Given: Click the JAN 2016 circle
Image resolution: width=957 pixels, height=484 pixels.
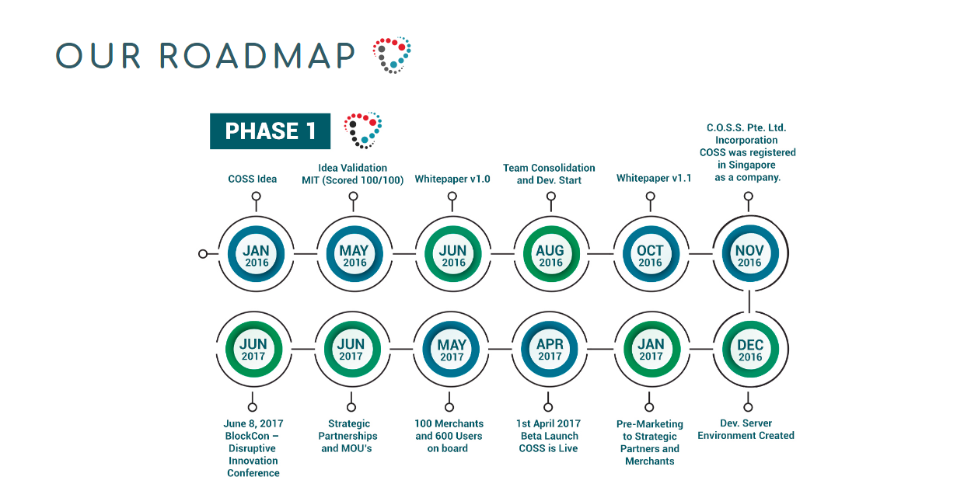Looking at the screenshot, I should (256, 254).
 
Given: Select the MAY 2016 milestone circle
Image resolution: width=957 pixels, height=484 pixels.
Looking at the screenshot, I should (354, 254).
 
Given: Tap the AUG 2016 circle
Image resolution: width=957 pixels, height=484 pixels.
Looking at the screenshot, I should (550, 254).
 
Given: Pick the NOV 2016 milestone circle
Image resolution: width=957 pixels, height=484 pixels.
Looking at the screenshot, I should (749, 254).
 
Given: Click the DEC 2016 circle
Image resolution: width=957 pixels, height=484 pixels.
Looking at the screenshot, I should (749, 349).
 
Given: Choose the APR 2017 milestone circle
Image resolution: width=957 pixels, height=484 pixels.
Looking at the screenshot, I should (549, 349).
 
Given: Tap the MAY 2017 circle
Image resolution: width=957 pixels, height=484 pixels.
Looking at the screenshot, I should (451, 349).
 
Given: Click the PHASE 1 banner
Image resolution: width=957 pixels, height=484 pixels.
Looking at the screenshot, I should (270, 131).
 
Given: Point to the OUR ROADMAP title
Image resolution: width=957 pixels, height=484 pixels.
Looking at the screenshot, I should (205, 55).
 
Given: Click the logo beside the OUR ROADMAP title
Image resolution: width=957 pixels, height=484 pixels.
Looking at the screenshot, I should (391, 55).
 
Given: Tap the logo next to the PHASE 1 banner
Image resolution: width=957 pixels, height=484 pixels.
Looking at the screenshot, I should (362, 130).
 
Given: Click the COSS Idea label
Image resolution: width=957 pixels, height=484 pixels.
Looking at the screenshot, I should (253, 179).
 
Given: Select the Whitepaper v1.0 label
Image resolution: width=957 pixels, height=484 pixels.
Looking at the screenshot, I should (452, 179).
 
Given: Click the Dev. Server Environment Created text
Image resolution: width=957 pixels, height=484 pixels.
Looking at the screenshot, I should (746, 430).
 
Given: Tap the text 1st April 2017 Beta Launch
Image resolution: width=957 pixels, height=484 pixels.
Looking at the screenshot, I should (549, 430).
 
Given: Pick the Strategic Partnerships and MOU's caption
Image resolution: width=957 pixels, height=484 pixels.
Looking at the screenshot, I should (351, 436).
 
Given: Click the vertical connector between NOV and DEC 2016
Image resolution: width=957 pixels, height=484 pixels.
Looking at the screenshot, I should (749, 301).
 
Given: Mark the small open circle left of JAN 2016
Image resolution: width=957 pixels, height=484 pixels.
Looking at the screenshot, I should (203, 254).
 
